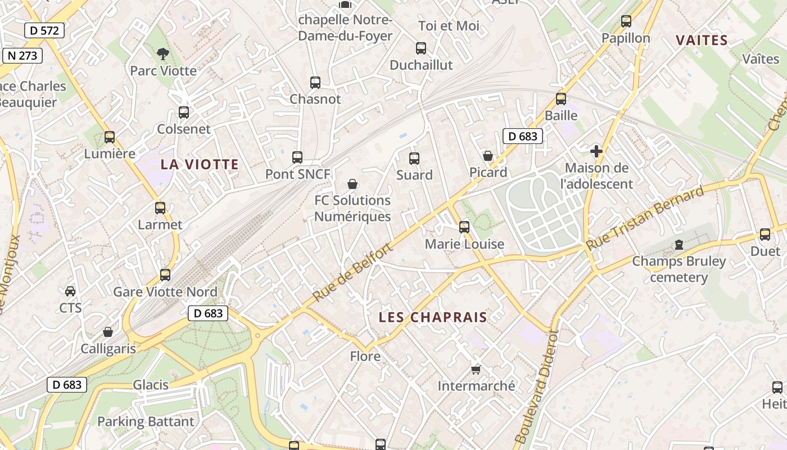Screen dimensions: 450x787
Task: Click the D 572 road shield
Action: tap(44, 30)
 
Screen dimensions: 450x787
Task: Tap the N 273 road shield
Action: tap(22, 56)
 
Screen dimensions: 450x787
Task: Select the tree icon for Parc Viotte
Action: tap(163, 54)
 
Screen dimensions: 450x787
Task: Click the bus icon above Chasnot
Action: tap(315, 83)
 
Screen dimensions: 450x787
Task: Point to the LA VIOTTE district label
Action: tap(200, 164)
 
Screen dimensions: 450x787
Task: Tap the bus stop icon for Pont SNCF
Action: tap(297, 157)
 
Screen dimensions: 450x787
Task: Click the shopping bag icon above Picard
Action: tap(488, 156)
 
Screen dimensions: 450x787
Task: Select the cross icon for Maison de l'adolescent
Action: tap(596, 151)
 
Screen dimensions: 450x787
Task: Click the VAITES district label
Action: tap(702, 40)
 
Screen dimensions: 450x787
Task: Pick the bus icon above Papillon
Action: tap(626, 21)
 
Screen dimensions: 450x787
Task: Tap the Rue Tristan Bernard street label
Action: tap(644, 219)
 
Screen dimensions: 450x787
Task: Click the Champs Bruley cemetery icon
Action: tap(679, 245)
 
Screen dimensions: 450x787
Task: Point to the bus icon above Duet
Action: tap(765, 235)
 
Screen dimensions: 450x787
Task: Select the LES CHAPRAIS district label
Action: tap(433, 317)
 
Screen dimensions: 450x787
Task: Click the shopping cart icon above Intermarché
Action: tap(476, 369)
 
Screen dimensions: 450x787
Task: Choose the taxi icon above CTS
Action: tap(70, 291)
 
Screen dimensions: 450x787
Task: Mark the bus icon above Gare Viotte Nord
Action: tap(165, 275)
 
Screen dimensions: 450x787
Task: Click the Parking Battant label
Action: tap(146, 421)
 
